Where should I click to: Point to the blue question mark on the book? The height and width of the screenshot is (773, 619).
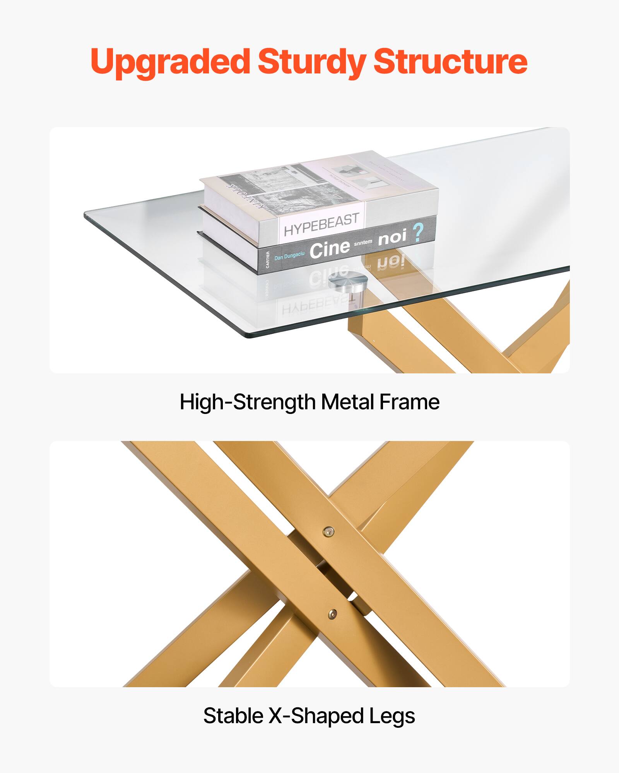click(x=418, y=233)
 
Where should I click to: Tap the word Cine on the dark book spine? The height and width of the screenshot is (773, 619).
click(x=330, y=249)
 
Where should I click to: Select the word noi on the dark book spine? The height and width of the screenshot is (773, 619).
click(x=392, y=237)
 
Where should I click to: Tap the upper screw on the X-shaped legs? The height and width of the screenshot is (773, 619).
click(x=328, y=532)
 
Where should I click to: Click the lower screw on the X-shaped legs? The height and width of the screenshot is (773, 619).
click(x=332, y=613)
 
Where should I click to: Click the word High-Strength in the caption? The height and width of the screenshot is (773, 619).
click(x=248, y=402)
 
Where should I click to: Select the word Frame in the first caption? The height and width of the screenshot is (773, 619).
click(x=409, y=402)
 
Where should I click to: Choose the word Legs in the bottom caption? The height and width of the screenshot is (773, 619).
click(x=392, y=716)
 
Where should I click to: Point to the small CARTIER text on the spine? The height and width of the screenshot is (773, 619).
click(x=268, y=260)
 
